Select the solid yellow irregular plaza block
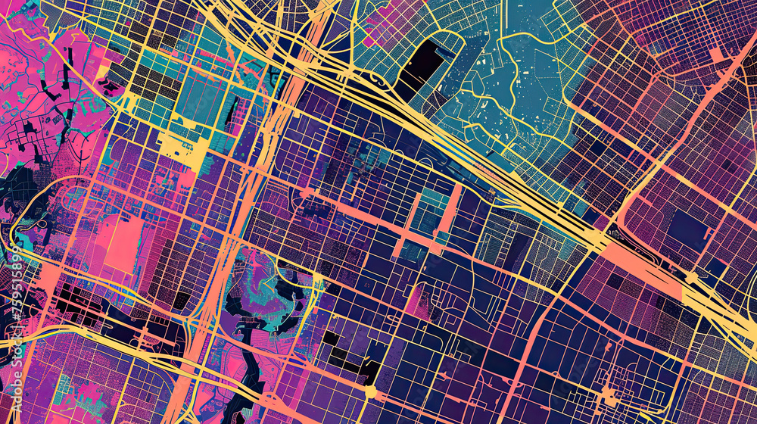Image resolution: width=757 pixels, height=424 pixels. [185, 151]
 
